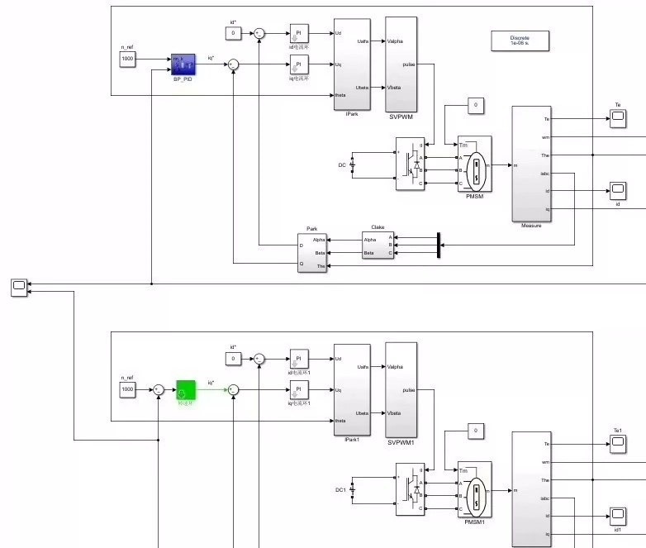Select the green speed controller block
click(x=186, y=389)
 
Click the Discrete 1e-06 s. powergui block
click(x=520, y=41)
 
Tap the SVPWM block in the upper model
click(x=401, y=63)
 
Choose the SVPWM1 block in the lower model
click(x=401, y=388)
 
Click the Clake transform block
click(x=378, y=245)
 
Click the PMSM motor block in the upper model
click(x=475, y=164)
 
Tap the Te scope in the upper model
click(x=617, y=119)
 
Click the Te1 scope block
click(x=617, y=445)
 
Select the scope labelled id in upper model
click(x=617, y=191)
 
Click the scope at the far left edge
click(x=18, y=287)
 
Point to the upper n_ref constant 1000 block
click(x=127, y=60)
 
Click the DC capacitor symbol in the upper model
click(x=353, y=164)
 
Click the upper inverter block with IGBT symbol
click(x=410, y=164)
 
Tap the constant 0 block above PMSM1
click(x=474, y=431)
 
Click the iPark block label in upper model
click(x=351, y=114)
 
